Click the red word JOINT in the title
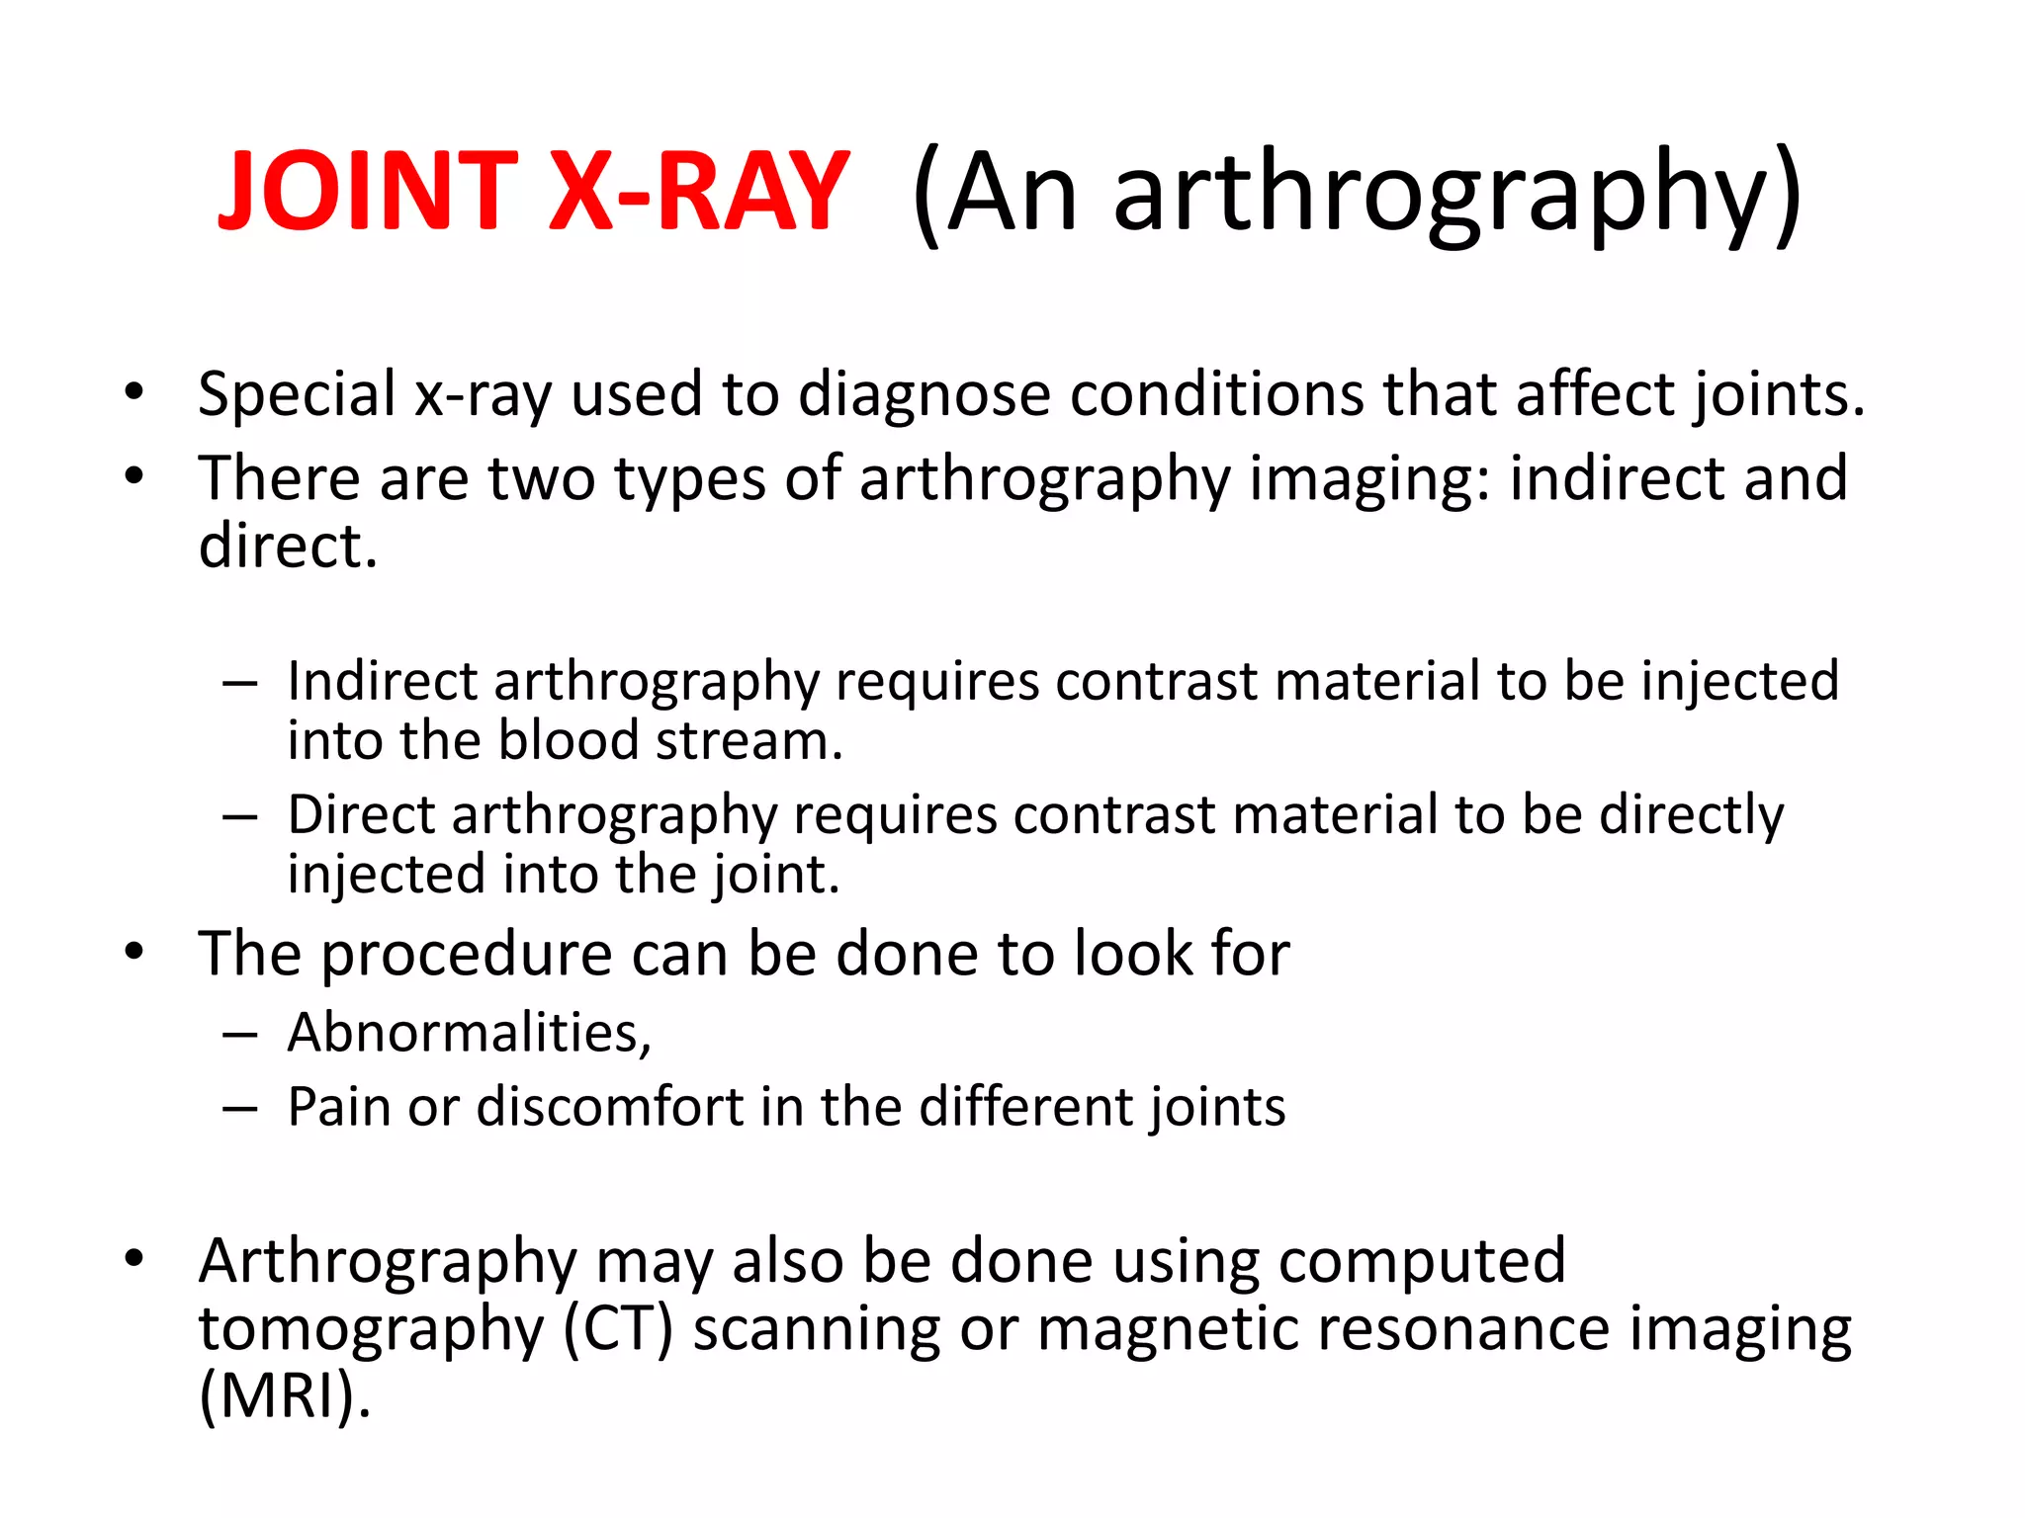(x=367, y=191)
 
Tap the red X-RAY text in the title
(x=697, y=191)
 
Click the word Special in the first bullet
(x=297, y=394)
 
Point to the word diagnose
(x=924, y=394)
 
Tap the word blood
(x=569, y=740)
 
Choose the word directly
(x=1692, y=816)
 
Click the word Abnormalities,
(x=470, y=1033)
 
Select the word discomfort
(x=610, y=1106)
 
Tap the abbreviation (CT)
(x=618, y=1329)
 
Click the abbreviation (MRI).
(x=285, y=1395)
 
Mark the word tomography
(x=372, y=1331)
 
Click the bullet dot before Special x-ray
(x=134, y=392)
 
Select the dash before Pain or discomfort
(x=240, y=1108)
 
